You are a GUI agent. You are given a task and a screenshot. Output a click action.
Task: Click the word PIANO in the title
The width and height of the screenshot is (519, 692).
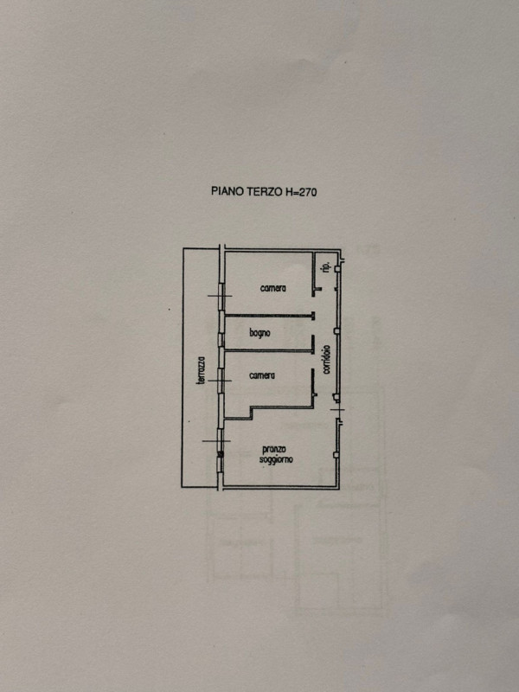227,191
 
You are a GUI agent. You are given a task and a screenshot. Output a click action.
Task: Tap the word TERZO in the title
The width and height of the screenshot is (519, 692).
263,191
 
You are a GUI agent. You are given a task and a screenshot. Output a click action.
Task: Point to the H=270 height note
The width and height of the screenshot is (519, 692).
299,192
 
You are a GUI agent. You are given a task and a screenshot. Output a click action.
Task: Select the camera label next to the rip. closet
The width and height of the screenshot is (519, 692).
273,288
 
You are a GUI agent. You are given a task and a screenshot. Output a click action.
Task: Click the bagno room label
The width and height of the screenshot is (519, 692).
259,334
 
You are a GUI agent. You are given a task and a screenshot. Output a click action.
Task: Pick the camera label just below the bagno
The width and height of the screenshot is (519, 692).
262,375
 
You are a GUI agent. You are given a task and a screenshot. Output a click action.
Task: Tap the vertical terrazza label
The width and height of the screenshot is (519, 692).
202,370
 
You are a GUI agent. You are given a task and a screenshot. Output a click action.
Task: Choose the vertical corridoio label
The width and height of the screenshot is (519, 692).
326,360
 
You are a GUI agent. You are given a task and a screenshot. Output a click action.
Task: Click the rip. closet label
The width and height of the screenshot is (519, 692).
327,267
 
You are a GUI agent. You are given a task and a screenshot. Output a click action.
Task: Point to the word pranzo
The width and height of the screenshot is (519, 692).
273,450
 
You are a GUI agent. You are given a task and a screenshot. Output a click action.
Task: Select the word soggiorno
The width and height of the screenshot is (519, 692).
276,460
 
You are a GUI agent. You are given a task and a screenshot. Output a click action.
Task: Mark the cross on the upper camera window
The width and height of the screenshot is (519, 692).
220,296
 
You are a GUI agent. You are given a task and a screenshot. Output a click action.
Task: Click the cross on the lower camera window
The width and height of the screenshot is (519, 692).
220,381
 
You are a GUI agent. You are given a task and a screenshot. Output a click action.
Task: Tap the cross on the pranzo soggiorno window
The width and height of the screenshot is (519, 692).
216,440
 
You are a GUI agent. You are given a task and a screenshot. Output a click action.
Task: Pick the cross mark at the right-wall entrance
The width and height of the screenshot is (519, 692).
337,410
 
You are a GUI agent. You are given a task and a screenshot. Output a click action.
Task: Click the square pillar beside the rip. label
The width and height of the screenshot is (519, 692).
337,268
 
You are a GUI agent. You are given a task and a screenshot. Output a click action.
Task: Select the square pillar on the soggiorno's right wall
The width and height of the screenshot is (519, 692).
336,454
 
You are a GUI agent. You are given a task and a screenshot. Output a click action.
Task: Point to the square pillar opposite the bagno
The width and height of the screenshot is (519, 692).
336,330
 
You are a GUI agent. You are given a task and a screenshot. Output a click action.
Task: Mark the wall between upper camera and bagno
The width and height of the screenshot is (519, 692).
269,315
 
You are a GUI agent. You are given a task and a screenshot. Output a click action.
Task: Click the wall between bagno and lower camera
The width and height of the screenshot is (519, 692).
269,351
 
